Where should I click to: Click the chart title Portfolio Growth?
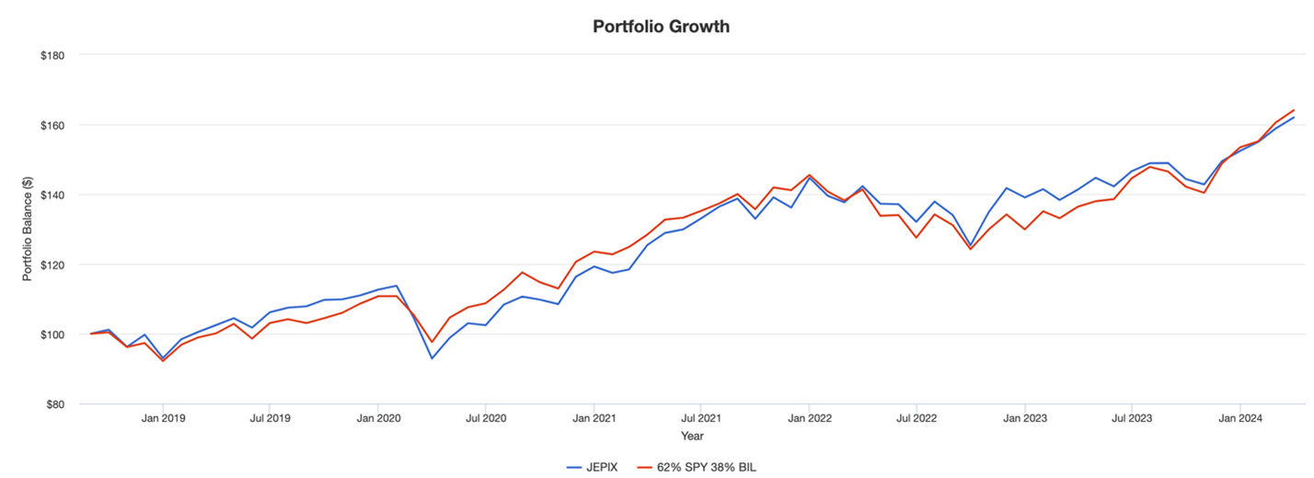661,27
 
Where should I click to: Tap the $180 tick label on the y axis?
51,55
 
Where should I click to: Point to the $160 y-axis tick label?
51,125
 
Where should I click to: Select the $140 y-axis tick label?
51,195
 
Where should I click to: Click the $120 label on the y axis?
51,265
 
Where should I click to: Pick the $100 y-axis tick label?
51,334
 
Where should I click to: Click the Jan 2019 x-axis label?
163,418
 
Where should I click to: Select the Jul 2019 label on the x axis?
270,418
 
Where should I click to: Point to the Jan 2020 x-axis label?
378,418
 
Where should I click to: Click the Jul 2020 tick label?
485,418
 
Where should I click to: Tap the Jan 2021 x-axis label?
594,418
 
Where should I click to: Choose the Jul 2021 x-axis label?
700,418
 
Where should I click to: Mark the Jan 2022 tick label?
809,418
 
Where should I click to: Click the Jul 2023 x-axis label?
1131,418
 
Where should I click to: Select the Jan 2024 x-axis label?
1239,418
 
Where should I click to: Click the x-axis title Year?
692,436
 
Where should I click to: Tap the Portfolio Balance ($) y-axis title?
28,230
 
